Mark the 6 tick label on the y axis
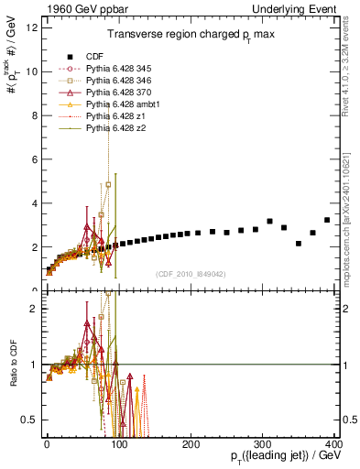(33, 159)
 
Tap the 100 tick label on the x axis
(119, 442)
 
